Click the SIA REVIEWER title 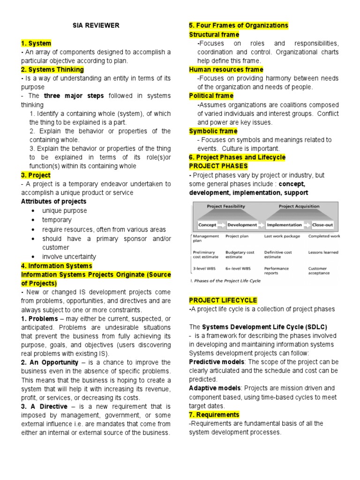pos(96,25)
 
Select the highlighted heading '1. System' pos(36,43)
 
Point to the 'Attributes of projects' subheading pos(53,202)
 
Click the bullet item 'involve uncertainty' pos(69,256)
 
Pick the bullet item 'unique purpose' pos(64,211)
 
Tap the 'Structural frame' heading pos(214,35)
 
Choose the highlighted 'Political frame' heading pos(211,96)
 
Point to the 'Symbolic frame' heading pos(213,131)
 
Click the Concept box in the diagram pos(207,225)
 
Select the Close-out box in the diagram pos(322,225)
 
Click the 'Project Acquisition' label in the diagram pos(299,206)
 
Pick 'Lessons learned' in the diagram pos(323,252)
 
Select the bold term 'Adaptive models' pos(215,388)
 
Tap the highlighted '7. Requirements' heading pos(214,415)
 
